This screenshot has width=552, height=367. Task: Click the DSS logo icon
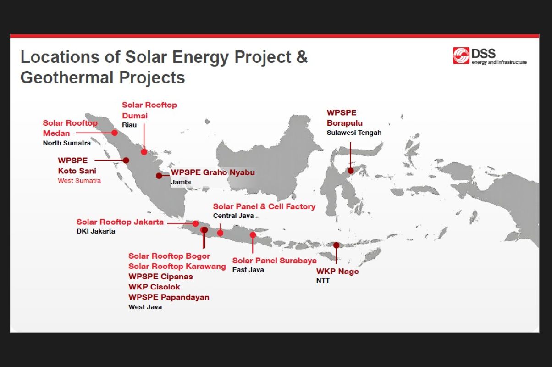click(x=461, y=56)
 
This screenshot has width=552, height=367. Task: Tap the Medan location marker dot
click(x=115, y=133)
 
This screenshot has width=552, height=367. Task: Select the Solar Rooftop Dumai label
click(x=149, y=110)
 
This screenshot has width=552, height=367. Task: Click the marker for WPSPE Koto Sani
click(x=126, y=161)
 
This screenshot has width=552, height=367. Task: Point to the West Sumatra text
click(x=79, y=181)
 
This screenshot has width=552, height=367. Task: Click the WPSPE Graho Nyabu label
click(x=212, y=173)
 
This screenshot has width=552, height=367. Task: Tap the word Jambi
click(x=181, y=182)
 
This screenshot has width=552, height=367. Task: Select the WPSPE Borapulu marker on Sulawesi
click(x=351, y=171)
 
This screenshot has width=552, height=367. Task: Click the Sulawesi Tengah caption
click(x=354, y=133)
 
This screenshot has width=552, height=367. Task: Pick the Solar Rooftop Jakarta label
click(x=120, y=222)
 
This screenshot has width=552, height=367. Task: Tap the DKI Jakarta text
click(x=96, y=231)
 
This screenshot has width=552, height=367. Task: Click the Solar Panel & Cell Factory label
click(x=264, y=206)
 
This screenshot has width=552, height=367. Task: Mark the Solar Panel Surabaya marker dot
click(x=253, y=235)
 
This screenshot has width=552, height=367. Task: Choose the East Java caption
click(x=248, y=270)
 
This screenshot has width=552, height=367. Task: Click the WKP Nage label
click(x=337, y=272)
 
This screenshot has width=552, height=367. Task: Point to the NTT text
click(x=323, y=280)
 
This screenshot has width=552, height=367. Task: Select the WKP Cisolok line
click(x=154, y=287)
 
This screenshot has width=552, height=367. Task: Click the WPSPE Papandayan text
click(x=169, y=297)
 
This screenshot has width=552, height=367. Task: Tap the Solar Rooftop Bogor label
click(x=169, y=256)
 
